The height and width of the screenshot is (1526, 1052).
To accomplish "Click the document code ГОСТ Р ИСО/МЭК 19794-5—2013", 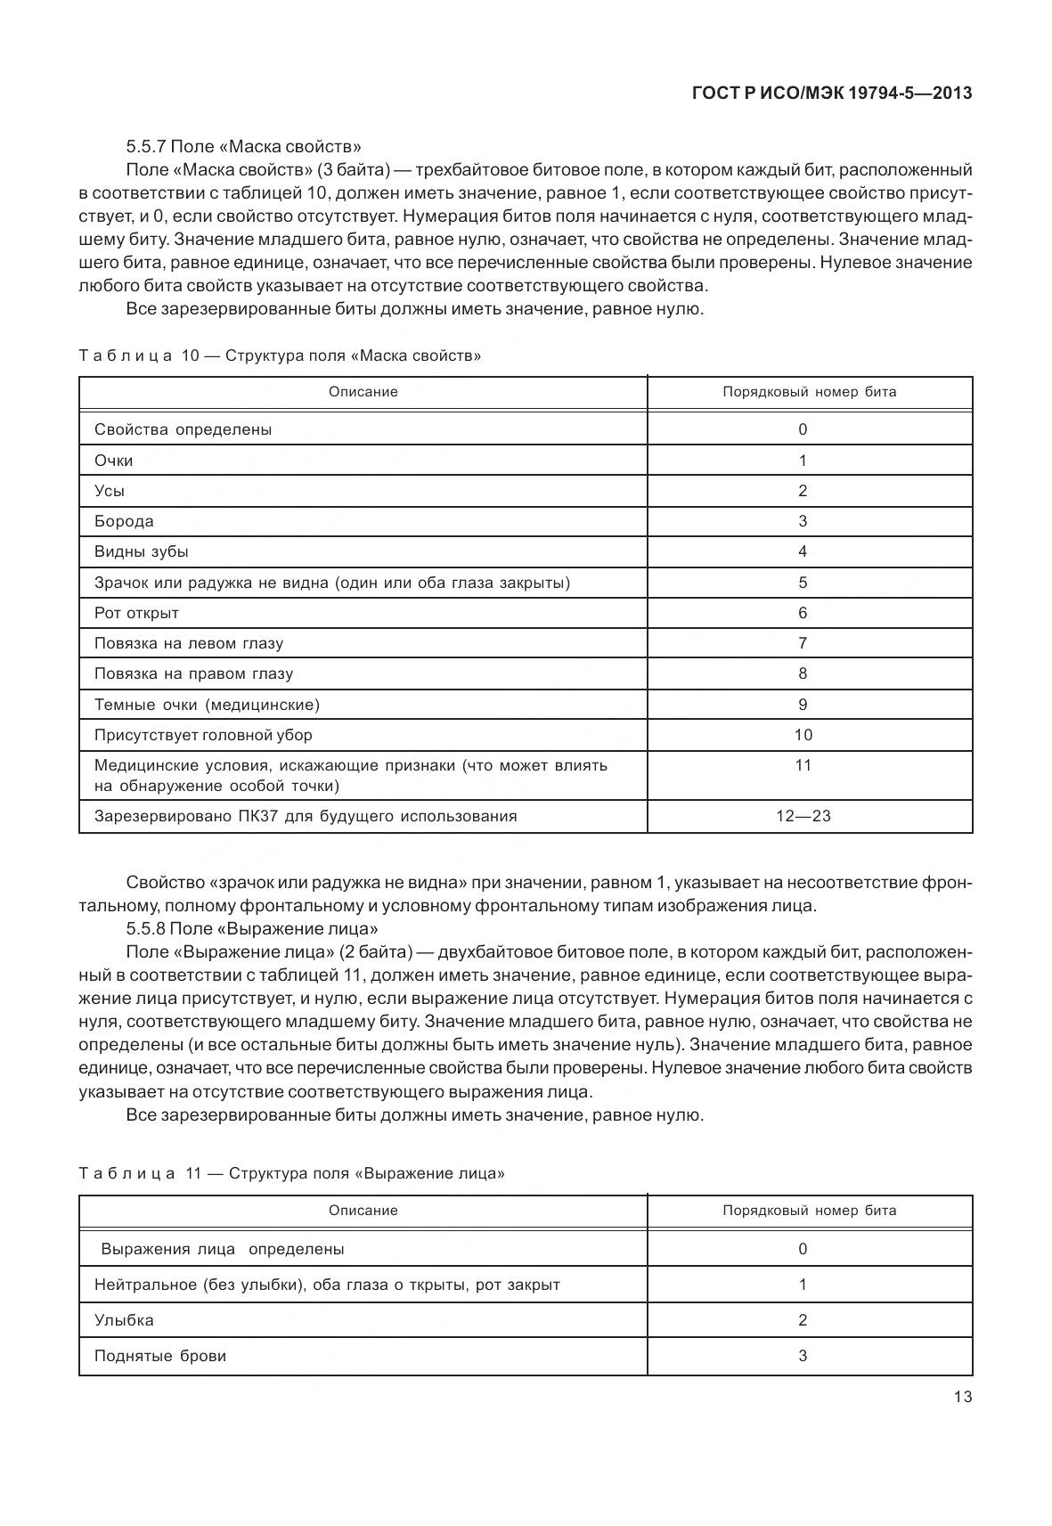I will [x=831, y=93].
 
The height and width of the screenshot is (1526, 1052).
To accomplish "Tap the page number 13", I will [x=962, y=1397].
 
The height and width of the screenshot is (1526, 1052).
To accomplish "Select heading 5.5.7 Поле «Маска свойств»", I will [x=243, y=146].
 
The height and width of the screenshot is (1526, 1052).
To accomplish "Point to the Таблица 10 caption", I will [x=280, y=355].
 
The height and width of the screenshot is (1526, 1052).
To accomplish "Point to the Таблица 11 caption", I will [x=291, y=1173].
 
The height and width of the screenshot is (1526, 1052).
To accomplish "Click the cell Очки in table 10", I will [x=114, y=461].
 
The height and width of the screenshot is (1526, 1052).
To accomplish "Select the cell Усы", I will [x=110, y=491].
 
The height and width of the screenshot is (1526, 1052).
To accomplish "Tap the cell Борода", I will [x=124, y=521].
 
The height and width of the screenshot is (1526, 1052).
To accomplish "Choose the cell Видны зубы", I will [x=142, y=551].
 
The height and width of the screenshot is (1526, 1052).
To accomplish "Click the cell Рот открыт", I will [x=136, y=613].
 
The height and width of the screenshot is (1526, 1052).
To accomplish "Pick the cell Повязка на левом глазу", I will [x=189, y=643].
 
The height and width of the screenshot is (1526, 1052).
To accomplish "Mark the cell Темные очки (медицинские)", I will [x=207, y=705].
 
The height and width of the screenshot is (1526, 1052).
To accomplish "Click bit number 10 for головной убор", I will [x=803, y=735].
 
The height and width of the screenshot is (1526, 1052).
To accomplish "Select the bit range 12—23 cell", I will [x=803, y=816].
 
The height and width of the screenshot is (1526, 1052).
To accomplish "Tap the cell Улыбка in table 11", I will [x=124, y=1320].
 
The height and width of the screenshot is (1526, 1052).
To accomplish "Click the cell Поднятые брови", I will [x=160, y=1356].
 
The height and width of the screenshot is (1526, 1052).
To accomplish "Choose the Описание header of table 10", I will [x=363, y=392].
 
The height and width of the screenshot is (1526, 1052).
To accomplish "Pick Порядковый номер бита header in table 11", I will [x=809, y=1211].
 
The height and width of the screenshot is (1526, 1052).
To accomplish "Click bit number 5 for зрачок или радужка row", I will [x=803, y=583].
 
